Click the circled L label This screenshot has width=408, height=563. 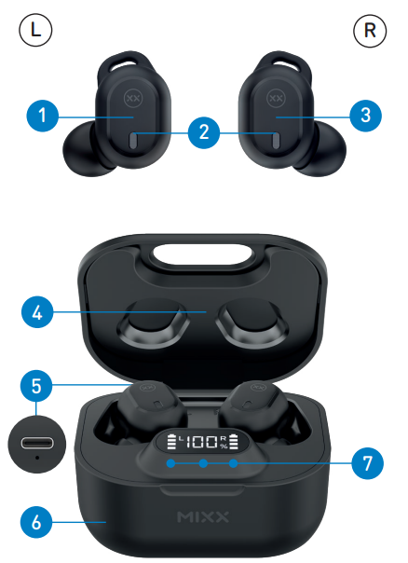click(x=35, y=30)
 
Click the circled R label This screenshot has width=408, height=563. click(x=370, y=31)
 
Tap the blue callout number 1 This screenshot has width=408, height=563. click(x=42, y=116)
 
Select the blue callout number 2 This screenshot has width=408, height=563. click(x=204, y=132)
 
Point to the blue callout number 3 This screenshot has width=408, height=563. click(x=366, y=116)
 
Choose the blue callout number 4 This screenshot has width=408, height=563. click(x=37, y=312)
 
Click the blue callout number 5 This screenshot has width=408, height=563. click(x=36, y=386)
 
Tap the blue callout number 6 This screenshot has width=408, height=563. click(x=36, y=522)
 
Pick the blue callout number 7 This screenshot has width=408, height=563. click(x=367, y=463)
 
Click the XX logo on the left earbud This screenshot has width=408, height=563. click(x=133, y=98)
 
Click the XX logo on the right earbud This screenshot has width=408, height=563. click(x=276, y=98)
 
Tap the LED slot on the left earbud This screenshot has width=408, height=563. click(x=132, y=141)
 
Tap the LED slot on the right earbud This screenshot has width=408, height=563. click(x=276, y=141)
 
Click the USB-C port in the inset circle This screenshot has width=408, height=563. click(x=37, y=443)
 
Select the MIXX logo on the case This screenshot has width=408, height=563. click(x=203, y=517)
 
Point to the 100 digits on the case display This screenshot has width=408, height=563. click(x=200, y=442)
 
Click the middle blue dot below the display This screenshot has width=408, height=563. click(x=203, y=463)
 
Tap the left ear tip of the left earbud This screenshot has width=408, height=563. click(x=79, y=147)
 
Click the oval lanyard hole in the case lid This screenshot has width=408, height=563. click(x=202, y=254)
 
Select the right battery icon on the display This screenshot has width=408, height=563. click(x=235, y=442)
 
